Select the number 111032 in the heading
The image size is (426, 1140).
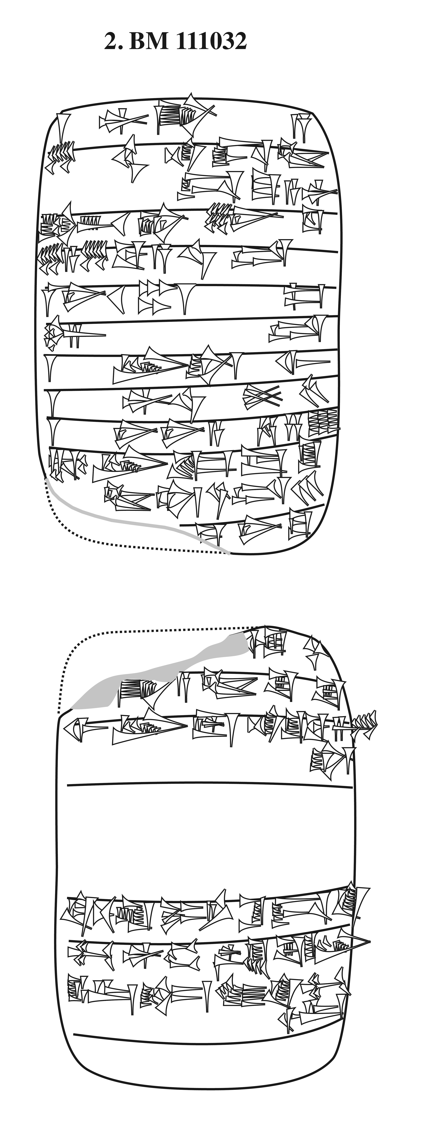coord(212,42)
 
